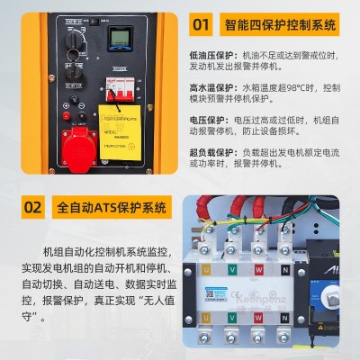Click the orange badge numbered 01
point(203,24)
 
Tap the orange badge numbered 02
point(32,208)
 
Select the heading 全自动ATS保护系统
point(112,208)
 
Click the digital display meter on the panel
point(120,40)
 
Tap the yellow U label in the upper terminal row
point(205,269)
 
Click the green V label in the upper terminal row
point(234,269)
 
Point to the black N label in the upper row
point(287,269)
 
